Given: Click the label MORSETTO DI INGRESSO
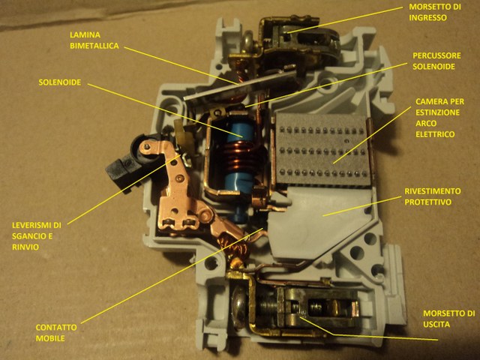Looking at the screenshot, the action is click(x=435, y=12).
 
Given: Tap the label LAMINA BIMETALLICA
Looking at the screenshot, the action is click(x=94, y=40).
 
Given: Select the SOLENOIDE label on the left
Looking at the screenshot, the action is click(x=60, y=82).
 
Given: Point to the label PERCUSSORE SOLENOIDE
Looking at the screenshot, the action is click(x=436, y=61).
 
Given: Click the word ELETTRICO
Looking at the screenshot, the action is click(x=435, y=134).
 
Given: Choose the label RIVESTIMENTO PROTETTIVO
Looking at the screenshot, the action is click(x=433, y=196).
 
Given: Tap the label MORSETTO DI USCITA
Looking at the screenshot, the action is click(x=448, y=319).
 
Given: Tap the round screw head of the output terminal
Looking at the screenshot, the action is click(x=239, y=307).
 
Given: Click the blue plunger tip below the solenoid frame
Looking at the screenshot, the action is click(x=238, y=214).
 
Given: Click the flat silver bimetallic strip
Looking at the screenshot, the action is click(x=240, y=85).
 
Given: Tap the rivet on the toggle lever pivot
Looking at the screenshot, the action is click(x=147, y=146).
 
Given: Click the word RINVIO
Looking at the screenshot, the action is click(x=25, y=247).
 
